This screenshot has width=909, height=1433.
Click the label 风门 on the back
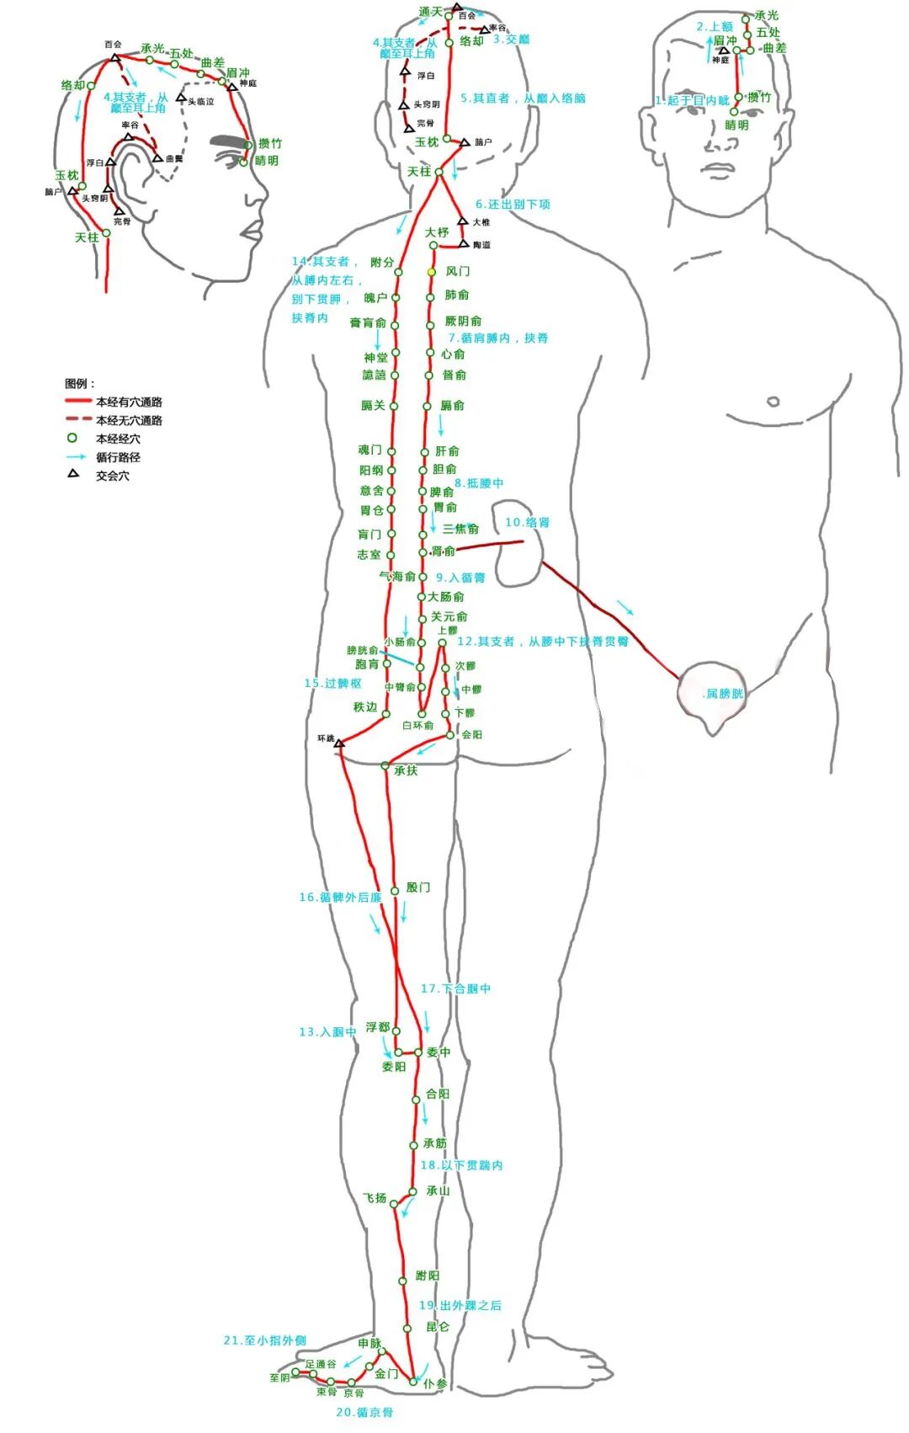click(458, 271)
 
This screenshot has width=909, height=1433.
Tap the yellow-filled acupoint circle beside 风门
click(431, 272)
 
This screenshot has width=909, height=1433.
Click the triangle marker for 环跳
click(339, 743)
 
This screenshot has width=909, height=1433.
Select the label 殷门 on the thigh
click(417, 887)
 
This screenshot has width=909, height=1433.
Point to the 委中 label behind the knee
click(439, 1052)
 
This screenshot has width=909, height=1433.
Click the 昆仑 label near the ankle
click(438, 1327)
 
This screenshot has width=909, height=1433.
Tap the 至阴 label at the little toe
click(279, 1378)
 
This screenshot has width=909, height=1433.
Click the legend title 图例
click(80, 384)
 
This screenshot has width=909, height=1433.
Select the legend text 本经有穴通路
click(129, 402)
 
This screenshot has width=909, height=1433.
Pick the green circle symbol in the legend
click(72, 438)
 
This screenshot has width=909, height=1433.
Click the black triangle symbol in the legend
click(73, 474)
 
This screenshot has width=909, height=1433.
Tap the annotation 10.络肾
click(528, 522)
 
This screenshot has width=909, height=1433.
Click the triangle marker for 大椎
click(462, 221)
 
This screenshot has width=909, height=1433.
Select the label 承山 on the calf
click(438, 1191)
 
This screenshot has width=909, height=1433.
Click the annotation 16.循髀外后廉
click(340, 898)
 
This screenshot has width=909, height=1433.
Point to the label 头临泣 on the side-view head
click(200, 102)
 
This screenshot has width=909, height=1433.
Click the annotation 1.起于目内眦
click(692, 100)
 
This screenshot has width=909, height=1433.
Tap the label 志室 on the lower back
click(369, 555)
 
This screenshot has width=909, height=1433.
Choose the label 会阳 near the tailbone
click(472, 735)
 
